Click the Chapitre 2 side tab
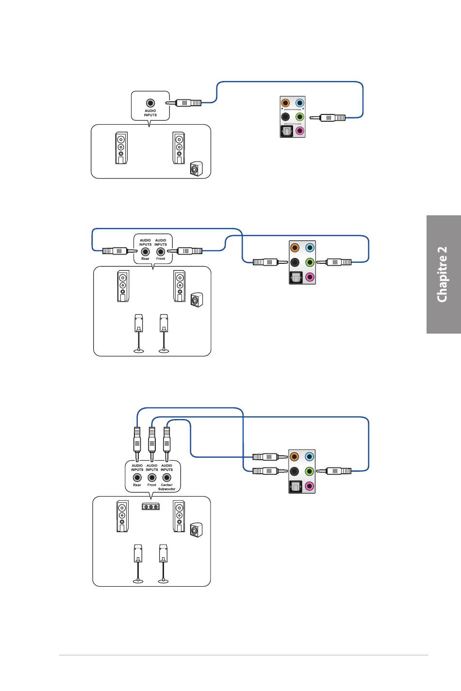(x=444, y=274)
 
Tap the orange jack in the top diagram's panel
(x=286, y=103)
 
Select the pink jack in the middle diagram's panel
(x=310, y=277)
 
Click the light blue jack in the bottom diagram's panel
(x=310, y=457)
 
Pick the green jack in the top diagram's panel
(x=299, y=117)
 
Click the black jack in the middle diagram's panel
(x=295, y=262)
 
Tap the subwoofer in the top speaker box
(x=197, y=169)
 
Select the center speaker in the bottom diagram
(x=151, y=507)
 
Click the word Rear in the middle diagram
(x=145, y=258)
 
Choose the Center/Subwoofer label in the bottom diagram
(x=167, y=487)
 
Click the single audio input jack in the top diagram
(x=150, y=103)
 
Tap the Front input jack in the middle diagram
(x=161, y=252)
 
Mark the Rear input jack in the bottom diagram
(x=137, y=478)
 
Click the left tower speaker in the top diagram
(x=121, y=148)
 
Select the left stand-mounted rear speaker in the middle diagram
(x=139, y=334)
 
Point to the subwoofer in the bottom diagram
(x=197, y=530)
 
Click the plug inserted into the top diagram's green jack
(x=327, y=117)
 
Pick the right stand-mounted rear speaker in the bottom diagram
(x=164, y=563)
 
